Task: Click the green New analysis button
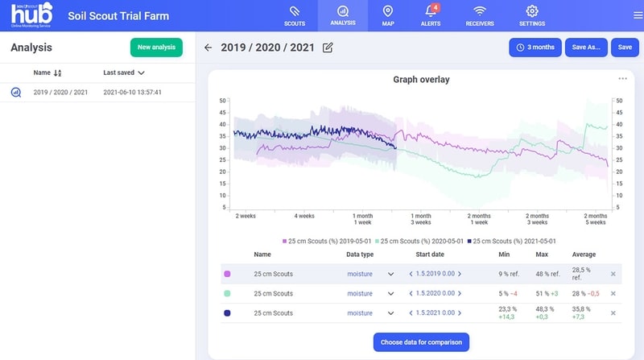click(x=156, y=48)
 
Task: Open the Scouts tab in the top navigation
click(x=295, y=16)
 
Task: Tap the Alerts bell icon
click(x=431, y=10)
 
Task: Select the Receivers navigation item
click(x=480, y=16)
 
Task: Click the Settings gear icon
click(x=532, y=11)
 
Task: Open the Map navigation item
click(x=388, y=16)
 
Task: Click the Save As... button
click(x=586, y=48)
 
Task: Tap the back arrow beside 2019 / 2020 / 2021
click(x=208, y=48)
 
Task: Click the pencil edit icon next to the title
click(x=328, y=48)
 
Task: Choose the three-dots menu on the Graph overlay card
click(x=622, y=78)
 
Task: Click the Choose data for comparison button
click(x=421, y=342)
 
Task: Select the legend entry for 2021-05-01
click(x=511, y=242)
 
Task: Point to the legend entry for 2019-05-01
click(x=327, y=242)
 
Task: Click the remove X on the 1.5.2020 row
click(x=613, y=293)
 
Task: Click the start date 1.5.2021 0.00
click(x=435, y=312)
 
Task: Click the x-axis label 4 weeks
click(x=304, y=216)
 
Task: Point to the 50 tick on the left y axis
click(x=223, y=101)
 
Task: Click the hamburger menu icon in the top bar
click(x=638, y=15)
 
